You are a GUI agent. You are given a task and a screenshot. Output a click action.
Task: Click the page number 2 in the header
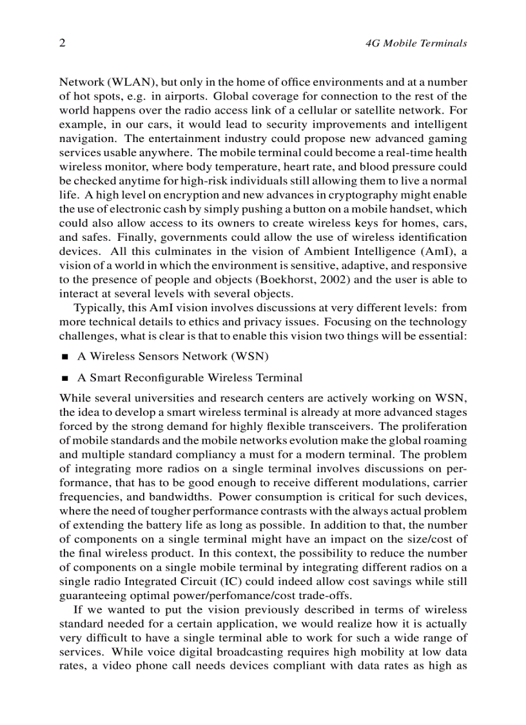pyautogui.click(x=63, y=43)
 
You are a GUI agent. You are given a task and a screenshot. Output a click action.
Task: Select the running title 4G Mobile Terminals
pyautogui.click(x=416, y=44)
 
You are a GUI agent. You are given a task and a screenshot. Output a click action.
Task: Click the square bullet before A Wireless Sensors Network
pyautogui.click(x=64, y=357)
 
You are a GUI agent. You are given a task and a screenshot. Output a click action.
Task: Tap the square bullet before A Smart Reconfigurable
pyautogui.click(x=64, y=378)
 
